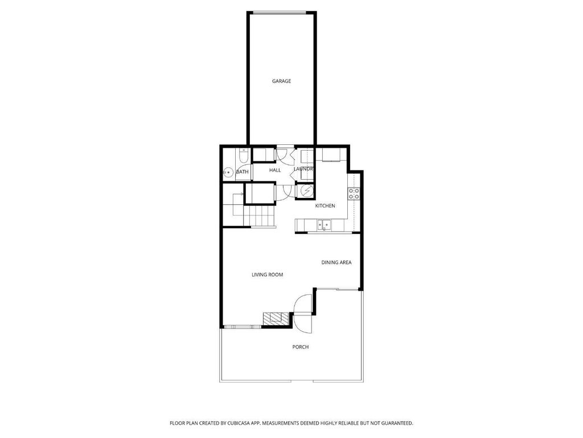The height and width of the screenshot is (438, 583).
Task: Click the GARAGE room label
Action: pyautogui.click(x=281, y=81)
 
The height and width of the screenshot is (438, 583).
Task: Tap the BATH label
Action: pyautogui.click(x=243, y=172)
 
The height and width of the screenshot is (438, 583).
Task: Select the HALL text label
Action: pyautogui.click(x=275, y=170)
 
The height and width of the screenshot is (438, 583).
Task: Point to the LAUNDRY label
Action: pyautogui.click(x=303, y=169)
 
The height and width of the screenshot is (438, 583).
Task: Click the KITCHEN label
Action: pyautogui.click(x=325, y=205)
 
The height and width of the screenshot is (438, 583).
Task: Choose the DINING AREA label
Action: pyautogui.click(x=336, y=262)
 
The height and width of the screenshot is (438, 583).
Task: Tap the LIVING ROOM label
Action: pyautogui.click(x=268, y=274)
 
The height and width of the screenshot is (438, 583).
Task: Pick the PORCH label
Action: pyautogui.click(x=301, y=347)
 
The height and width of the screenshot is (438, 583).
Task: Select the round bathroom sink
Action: pyautogui.click(x=228, y=172)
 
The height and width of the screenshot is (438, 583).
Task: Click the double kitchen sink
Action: pyautogui.click(x=324, y=225)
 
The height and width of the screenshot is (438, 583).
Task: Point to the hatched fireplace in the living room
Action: pyautogui.click(x=276, y=318)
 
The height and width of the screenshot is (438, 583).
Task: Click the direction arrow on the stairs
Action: pyautogui.click(x=240, y=194)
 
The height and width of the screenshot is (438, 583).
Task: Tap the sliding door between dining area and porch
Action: pyautogui.click(x=338, y=289)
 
